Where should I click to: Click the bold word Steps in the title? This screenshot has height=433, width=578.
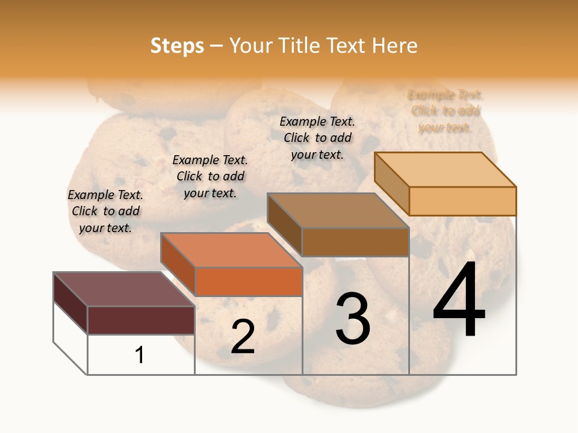pyautogui.click(x=177, y=46)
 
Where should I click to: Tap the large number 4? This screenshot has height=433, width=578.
pyautogui.click(x=459, y=301)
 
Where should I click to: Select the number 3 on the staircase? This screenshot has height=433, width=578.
pyautogui.click(x=353, y=318)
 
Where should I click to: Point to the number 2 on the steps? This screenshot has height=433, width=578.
pyautogui.click(x=243, y=337)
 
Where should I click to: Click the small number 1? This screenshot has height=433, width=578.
pyautogui.click(x=140, y=355)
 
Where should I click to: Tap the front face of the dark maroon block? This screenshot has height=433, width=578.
pyautogui.click(x=141, y=320)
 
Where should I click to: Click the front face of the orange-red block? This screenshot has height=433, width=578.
pyautogui.click(x=248, y=281)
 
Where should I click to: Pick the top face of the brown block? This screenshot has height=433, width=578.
pyautogui.click(x=337, y=210)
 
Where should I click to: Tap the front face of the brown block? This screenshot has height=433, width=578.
pyautogui.click(x=355, y=242)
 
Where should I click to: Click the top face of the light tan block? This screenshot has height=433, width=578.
pyautogui.click(x=444, y=170)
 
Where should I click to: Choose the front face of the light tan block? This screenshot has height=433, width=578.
pyautogui.click(x=462, y=201)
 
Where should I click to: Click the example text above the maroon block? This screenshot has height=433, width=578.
pyautogui.click(x=105, y=211)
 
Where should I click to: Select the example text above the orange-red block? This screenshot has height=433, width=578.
pyautogui.click(x=210, y=176)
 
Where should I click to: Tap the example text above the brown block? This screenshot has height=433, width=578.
pyautogui.click(x=317, y=138)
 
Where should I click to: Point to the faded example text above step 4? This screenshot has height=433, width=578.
pyautogui.click(x=446, y=111)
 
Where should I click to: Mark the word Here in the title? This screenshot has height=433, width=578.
pyautogui.click(x=394, y=46)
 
